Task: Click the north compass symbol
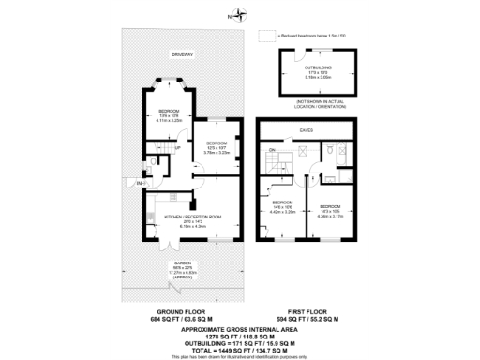[x=239, y=15]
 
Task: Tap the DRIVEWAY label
[x=181, y=54]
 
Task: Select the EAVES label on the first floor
[x=306, y=131]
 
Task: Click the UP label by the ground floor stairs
[x=177, y=147]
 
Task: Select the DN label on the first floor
[x=272, y=150]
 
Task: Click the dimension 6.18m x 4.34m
[x=191, y=226]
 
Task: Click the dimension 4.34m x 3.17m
[x=331, y=216]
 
